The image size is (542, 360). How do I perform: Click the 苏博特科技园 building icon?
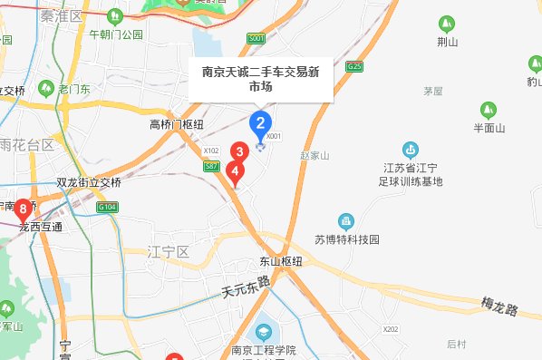[345, 221]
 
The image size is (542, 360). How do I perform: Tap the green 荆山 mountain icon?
[444, 24]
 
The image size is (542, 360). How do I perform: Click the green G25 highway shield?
[353, 67]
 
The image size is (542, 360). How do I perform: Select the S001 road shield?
[256, 38]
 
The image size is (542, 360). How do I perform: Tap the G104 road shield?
[108, 208]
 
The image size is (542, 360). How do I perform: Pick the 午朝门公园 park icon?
[115, 17]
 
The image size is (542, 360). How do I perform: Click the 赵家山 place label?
[315, 155]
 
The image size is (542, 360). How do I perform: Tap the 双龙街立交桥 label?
[88, 181]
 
